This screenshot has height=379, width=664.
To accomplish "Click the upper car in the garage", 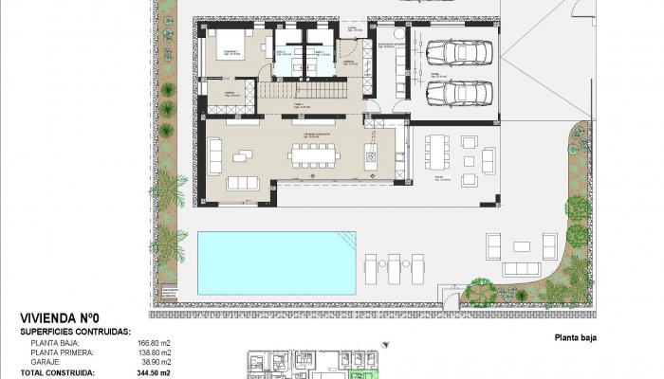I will pyautogui.click(x=452, y=53).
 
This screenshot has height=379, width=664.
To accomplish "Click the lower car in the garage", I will pyautogui.click(x=452, y=93).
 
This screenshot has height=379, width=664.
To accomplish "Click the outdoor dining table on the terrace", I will pyautogui.click(x=438, y=154).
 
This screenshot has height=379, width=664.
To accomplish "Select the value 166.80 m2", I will pyautogui.click(x=155, y=343).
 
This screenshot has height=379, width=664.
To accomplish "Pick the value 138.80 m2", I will pyautogui.click(x=155, y=352).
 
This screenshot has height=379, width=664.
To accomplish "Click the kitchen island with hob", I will pyautogui.click(x=372, y=152).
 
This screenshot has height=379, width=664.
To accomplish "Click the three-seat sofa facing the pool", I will pyautogui.click(x=242, y=182).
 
